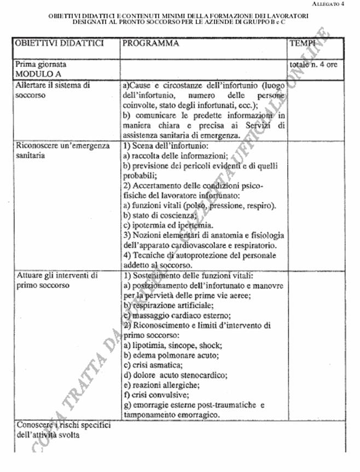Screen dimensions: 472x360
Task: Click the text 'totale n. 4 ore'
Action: [x=316, y=65]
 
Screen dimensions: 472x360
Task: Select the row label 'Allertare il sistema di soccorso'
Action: [x=53, y=90]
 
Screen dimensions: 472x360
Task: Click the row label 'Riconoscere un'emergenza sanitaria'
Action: [x=62, y=151]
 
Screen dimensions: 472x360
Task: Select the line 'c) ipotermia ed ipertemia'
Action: [x=167, y=226]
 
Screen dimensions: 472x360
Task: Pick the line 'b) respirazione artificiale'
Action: [x=167, y=305]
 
